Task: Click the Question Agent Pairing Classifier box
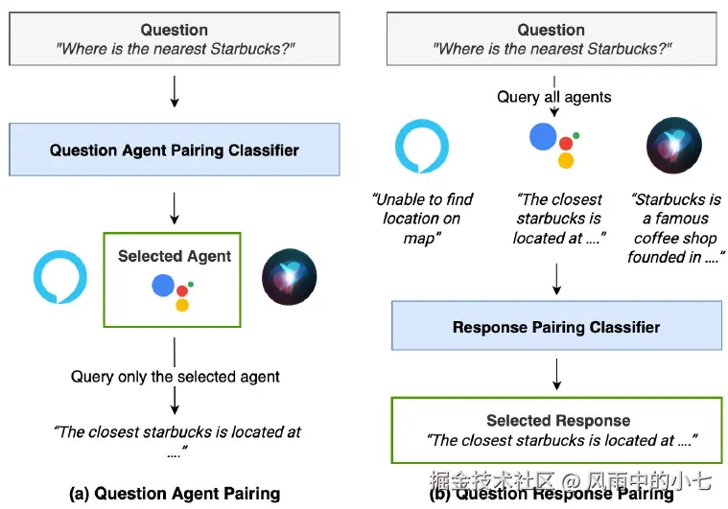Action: click(x=175, y=150)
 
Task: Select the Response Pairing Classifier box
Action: click(x=556, y=327)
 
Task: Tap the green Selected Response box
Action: click(x=557, y=430)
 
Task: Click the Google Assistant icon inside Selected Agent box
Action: click(x=174, y=290)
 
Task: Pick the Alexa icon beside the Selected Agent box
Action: click(x=59, y=275)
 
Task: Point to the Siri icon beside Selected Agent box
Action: click(x=288, y=275)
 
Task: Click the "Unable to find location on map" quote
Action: click(x=422, y=218)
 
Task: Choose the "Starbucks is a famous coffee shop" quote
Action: click(x=676, y=227)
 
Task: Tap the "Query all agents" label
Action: click(x=553, y=97)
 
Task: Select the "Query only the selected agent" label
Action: click(x=176, y=376)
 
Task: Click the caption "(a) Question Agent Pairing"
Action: click(x=175, y=494)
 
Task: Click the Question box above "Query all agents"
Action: click(x=552, y=39)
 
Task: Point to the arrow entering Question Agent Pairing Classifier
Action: click(x=174, y=92)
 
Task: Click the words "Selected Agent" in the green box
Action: click(x=175, y=256)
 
